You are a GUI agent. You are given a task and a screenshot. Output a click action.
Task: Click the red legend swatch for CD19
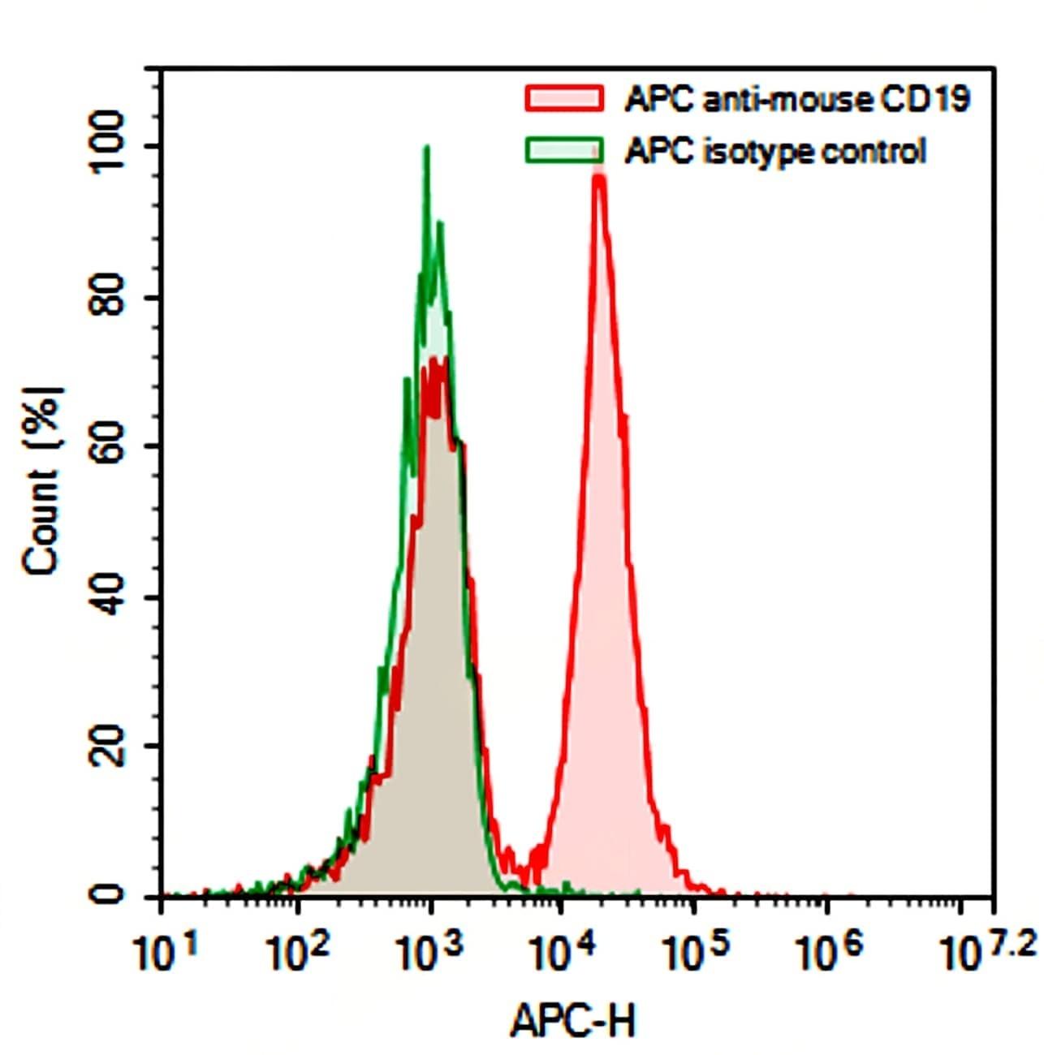[x=565, y=97]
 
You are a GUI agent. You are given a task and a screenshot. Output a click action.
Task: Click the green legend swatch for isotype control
[x=565, y=150]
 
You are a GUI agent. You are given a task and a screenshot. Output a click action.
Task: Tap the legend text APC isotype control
[x=775, y=152]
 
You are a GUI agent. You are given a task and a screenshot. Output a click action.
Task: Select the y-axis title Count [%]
[x=42, y=480]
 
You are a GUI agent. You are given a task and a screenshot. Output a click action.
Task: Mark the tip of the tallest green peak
[x=426, y=147]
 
